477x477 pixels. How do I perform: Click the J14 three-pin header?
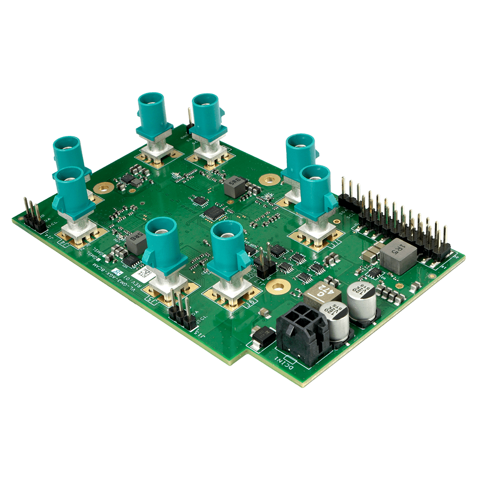pyautogui.click(x=33, y=214)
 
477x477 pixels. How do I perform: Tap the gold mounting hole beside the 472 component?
pyautogui.click(x=276, y=287)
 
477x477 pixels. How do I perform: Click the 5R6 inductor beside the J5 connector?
pyautogui.click(x=136, y=241)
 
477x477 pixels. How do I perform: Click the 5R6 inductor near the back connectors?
pyautogui.click(x=235, y=187)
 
